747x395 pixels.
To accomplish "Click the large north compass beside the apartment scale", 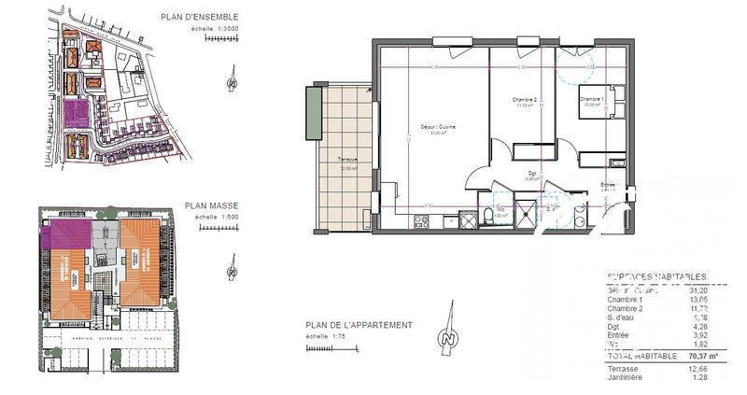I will point(450,337).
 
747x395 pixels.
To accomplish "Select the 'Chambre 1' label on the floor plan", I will point(591,99).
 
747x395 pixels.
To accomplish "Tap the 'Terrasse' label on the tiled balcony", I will point(347,162).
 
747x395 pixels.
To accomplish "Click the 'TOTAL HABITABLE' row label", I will point(627,357).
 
